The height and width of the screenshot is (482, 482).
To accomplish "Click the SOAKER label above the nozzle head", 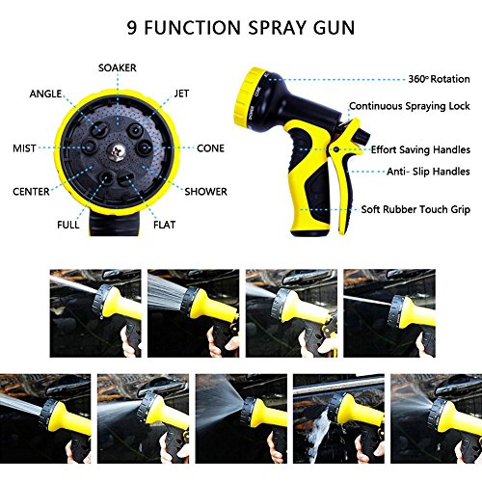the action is coord(118,67).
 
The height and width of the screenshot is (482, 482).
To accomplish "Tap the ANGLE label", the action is coord(45,94).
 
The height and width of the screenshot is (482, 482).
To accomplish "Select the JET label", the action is coord(181,94).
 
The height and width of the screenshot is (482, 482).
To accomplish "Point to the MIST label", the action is coord(24,148).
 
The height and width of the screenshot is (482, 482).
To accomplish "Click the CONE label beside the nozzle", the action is coord(210,148).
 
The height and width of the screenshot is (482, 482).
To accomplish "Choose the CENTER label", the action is coord(31,192).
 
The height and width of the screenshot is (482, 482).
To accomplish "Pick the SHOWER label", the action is coord(205,192).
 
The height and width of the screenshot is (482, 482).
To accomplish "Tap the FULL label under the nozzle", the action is coord(68,225).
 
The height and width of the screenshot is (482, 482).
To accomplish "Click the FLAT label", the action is coord(164,225).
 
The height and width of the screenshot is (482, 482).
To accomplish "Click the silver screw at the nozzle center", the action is coord(116,151).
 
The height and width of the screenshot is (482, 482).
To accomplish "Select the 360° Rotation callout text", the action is coord(439,79).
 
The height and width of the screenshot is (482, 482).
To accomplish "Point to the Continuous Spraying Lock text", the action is coord(410,106).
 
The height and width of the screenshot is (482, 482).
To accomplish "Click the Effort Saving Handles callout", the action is coord(420,149).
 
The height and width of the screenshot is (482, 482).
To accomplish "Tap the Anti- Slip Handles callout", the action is coord(428,172).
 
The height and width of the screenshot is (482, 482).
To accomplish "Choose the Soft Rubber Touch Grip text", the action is coord(415,209).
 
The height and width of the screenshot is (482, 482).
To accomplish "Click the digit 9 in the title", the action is coord(132,28).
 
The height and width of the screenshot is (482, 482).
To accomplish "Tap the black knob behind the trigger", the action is coord(362,136).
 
